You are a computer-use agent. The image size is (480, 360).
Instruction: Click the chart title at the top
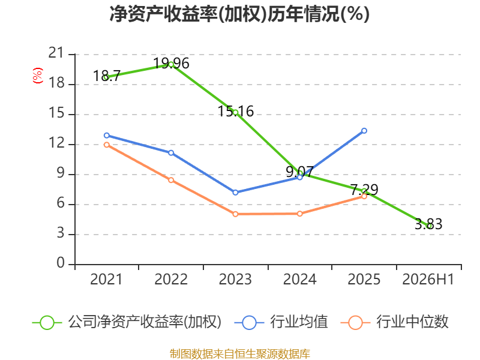pos(239,14)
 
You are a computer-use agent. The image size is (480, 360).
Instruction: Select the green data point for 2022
pos(171,64)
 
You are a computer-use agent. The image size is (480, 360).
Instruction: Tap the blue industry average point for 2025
pos(364,131)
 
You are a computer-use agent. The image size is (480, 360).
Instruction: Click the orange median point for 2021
pos(107,145)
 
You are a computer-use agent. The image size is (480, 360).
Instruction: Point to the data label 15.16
pos(235,111)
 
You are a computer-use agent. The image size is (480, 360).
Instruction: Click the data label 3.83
pos(428,224)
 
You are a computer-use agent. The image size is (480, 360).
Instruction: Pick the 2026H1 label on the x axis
pos(428,279)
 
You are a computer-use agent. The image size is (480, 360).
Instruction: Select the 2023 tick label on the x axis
pos(235,279)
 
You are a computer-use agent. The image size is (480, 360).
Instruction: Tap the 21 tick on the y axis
pos(56,53)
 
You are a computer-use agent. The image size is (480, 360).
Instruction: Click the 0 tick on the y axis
pos(61,263)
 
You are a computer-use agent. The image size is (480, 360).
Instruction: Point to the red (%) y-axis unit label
pos(38,76)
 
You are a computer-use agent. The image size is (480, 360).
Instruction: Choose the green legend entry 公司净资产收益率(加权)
pos(127,322)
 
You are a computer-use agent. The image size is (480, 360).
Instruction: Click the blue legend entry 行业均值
pos(281,322)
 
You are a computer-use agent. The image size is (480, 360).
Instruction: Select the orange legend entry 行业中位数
pos(394,322)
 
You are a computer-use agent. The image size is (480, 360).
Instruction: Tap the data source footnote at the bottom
pos(239,354)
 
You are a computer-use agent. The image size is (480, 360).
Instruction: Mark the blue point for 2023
pos(235,193)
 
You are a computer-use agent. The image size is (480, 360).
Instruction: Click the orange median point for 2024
pos(299,214)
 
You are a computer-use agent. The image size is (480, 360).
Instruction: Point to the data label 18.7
pos(107,76)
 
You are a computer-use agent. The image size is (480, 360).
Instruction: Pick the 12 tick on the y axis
pos(56,143)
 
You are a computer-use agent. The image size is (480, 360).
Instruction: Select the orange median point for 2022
pos(171,180)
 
